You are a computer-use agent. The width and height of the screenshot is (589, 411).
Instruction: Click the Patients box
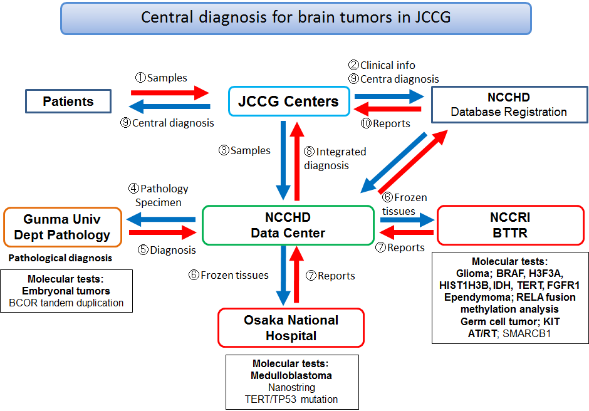[68, 101]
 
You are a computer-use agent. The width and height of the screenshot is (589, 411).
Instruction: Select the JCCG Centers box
[288, 101]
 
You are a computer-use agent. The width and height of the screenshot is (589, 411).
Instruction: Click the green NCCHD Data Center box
[288, 226]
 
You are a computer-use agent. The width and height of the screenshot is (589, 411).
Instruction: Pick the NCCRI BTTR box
[510, 226]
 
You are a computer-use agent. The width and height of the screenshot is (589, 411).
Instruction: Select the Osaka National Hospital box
[291, 327]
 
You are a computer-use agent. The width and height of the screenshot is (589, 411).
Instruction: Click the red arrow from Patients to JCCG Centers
[170, 93]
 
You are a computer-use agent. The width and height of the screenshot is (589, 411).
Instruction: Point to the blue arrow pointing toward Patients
[170, 107]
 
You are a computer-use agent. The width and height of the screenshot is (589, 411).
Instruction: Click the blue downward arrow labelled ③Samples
[284, 160]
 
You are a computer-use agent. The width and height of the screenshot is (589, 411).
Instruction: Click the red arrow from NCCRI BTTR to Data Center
[407, 233]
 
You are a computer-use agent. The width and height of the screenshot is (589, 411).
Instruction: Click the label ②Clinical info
[382, 65]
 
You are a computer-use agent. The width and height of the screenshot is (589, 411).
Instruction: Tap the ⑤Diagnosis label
[167, 250]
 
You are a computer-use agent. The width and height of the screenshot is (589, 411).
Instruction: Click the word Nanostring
[292, 387]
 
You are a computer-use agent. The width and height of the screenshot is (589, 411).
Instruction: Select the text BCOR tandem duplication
[66, 303]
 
